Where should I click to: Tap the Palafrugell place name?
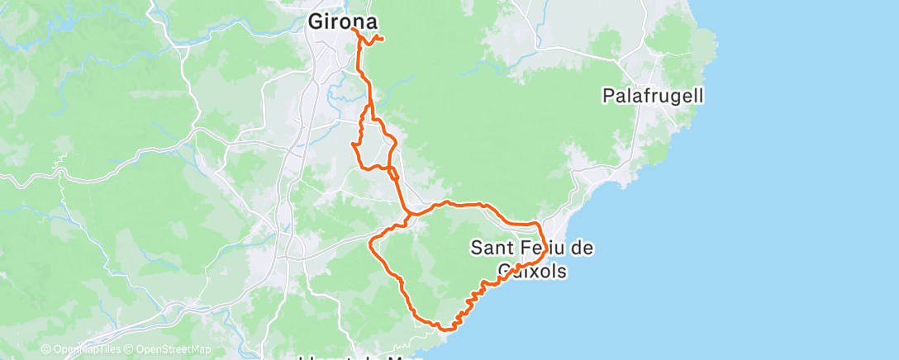pos(652,97)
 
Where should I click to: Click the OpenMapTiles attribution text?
pos(86,349)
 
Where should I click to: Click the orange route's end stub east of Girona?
pos(383,39)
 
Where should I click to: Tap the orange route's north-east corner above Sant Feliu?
pos(538,224)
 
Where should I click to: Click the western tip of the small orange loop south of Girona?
pos(354,144)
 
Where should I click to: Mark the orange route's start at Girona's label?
pos(354,29)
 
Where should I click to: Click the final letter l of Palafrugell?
pos(701,97)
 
